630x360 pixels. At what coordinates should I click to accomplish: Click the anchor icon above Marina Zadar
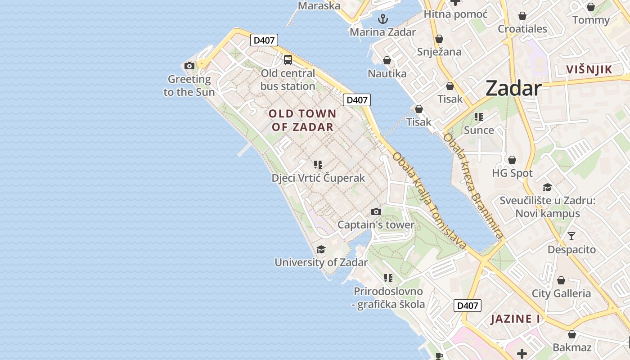click(382, 19)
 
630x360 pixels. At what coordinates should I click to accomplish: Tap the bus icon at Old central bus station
click(288, 59)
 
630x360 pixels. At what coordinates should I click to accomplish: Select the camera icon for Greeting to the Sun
click(189, 66)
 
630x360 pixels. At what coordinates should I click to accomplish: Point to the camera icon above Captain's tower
click(376, 211)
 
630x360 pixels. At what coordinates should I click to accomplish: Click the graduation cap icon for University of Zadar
click(321, 249)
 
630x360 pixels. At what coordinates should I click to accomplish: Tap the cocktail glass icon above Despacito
click(571, 236)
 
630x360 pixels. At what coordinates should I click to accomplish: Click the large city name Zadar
click(513, 88)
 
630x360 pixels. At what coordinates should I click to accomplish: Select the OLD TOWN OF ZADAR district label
click(302, 120)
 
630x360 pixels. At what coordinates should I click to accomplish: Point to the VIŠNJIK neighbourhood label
click(589, 69)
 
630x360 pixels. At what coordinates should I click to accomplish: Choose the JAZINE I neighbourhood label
click(515, 319)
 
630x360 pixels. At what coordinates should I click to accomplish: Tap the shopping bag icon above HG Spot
click(512, 160)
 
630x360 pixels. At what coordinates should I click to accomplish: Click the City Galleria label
click(561, 293)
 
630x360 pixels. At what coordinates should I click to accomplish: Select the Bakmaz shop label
click(572, 347)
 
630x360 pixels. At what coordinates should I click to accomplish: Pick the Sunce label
click(479, 130)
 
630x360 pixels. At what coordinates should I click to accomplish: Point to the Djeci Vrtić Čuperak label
click(318, 178)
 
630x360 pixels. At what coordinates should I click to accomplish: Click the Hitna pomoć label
click(455, 14)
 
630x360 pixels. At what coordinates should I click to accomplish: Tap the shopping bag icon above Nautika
click(387, 60)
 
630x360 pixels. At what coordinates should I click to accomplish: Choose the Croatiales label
click(522, 29)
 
